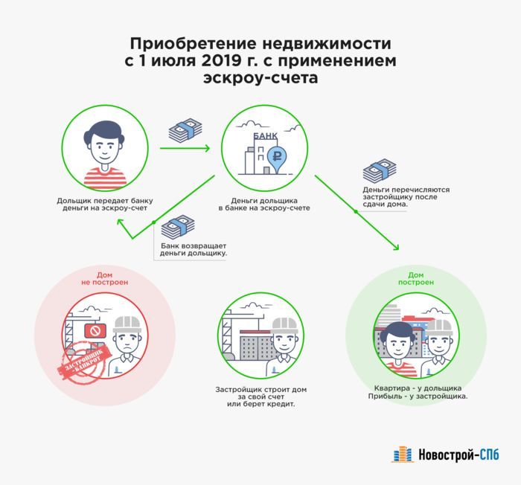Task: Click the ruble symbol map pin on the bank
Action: click(x=277, y=158)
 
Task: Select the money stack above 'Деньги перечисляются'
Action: click(x=379, y=172)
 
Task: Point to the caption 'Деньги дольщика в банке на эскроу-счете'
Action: click(x=264, y=205)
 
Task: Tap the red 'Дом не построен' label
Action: click(x=104, y=279)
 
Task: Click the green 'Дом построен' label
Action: click(x=421, y=278)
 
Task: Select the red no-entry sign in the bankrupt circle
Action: click(x=95, y=330)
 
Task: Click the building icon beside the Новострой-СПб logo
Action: click(x=402, y=454)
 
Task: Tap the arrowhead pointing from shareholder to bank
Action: click(x=206, y=148)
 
